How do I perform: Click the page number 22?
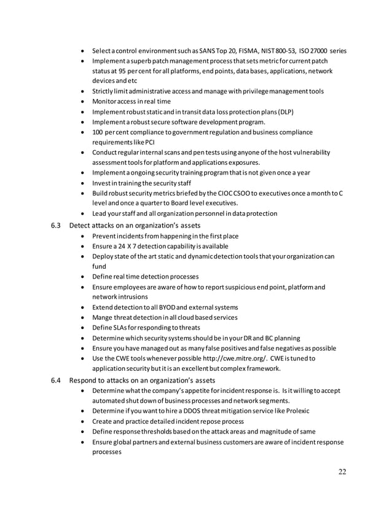(x=342, y=472)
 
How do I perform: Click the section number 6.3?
(x=55, y=225)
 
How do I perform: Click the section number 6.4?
(x=55, y=380)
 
